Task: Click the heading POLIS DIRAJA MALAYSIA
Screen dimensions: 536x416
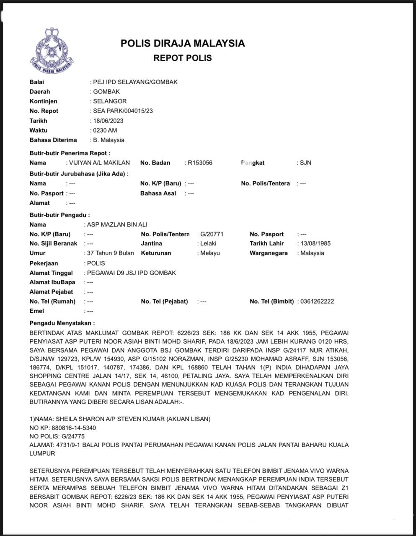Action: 183,43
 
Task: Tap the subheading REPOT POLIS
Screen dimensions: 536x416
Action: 183,58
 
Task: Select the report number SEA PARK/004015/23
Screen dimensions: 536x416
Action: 123,111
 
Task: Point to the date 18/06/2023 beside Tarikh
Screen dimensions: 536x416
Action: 108,121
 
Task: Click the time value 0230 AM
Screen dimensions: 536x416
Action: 105,130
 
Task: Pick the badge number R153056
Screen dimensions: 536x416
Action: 200,162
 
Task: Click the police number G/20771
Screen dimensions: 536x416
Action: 212,234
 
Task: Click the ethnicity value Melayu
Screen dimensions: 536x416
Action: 210,253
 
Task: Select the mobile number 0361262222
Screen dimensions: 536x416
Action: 317,301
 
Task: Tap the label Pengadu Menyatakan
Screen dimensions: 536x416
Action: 62,323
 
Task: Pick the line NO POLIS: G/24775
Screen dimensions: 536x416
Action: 57,436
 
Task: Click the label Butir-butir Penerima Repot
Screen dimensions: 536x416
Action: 70,153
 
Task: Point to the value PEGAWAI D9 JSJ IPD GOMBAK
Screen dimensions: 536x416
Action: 131,273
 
